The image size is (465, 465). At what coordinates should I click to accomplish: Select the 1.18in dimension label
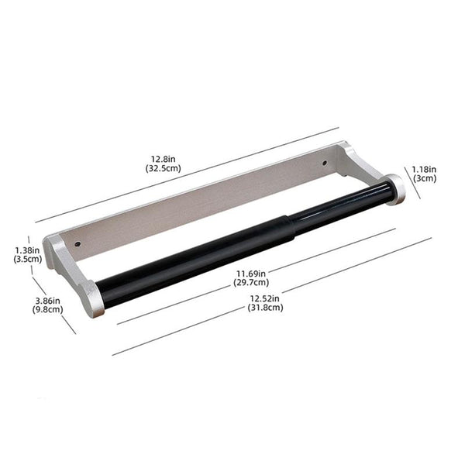(424, 168)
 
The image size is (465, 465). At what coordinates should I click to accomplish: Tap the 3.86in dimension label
(48, 300)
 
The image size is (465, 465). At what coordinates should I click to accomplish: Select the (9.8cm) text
(48, 309)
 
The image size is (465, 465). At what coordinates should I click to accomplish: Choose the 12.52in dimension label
(266, 298)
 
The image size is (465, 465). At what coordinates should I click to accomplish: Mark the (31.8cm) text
(266, 308)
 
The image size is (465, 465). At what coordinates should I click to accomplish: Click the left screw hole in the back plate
(77, 244)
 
